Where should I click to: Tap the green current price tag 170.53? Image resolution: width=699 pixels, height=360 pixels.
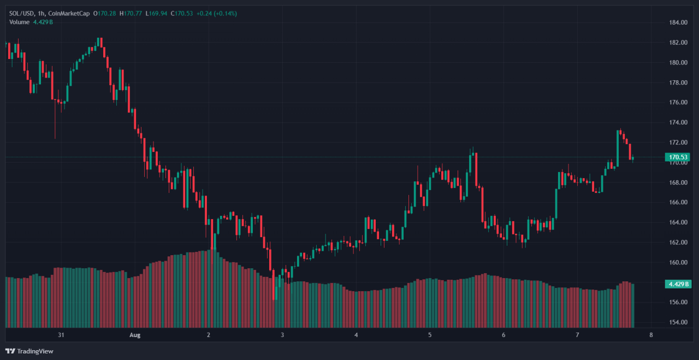coord(678,157)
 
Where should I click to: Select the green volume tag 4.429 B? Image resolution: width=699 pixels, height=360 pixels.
coord(678,284)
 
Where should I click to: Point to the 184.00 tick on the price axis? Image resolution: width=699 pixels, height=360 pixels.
coord(678,22)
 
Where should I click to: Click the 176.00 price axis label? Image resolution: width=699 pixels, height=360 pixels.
coord(678,102)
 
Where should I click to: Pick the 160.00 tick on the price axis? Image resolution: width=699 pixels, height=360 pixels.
coord(678,262)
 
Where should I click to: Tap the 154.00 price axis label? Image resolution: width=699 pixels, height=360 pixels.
coord(678,322)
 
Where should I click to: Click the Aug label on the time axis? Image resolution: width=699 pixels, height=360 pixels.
coord(135,335)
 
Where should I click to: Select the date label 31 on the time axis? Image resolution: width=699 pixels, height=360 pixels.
coord(61,335)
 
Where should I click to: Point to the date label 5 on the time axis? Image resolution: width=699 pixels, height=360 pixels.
coord(430,335)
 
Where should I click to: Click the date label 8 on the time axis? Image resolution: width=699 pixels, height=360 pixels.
coord(651,335)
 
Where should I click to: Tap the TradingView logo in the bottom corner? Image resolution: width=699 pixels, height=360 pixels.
coord(29,351)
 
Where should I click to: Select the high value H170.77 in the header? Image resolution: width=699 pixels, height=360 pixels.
coord(133,13)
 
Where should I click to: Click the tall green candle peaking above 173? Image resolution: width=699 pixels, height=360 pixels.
coord(618,147)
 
